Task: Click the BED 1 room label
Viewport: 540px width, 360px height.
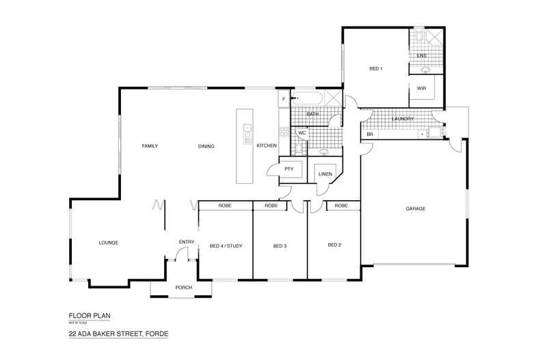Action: coord(375,68)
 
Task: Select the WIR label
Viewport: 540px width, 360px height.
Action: coord(422,88)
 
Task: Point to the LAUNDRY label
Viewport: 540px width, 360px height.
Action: coord(403,119)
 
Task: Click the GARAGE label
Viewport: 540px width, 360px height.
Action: coord(415,208)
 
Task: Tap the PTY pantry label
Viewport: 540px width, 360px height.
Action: coord(288,168)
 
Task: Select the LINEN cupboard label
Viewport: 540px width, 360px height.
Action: coord(325,174)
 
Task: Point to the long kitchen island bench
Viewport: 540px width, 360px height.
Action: coord(245,146)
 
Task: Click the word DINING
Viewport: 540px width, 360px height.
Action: coord(206,146)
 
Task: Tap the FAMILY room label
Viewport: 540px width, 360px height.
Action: coord(150,146)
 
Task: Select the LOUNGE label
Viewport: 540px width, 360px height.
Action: coord(109,243)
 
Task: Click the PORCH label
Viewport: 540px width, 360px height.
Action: coord(183,287)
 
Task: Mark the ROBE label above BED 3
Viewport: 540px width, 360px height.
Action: coord(271,206)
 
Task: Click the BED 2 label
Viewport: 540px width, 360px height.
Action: coord(334,245)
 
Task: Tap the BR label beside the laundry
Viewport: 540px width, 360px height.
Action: coord(370,135)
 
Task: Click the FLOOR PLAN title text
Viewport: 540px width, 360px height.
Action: coord(89,315)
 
